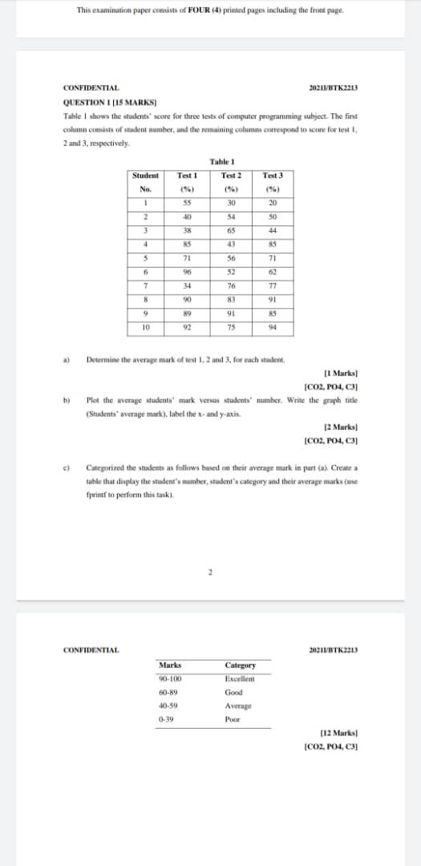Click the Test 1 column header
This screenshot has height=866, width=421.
point(187,180)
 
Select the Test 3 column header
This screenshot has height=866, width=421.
point(272,180)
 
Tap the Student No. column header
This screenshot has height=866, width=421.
point(145,180)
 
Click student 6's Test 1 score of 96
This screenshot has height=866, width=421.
point(187,272)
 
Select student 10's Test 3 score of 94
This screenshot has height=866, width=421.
point(272,327)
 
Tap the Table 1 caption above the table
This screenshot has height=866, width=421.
point(220,162)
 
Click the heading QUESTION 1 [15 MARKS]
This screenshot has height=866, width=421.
point(99,103)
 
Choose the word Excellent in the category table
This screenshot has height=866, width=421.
point(240,678)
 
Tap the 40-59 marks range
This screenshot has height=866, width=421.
point(168,706)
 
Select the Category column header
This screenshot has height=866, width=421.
point(241,665)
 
